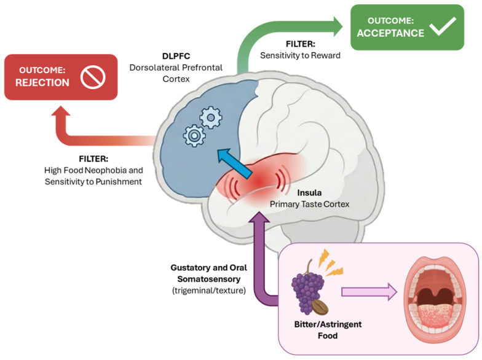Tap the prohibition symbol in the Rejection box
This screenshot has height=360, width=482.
tap(93, 77)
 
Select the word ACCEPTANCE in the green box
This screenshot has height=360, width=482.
tap(390, 33)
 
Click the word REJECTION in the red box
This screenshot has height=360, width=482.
tap(42, 82)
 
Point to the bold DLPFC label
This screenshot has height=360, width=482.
tap(176, 57)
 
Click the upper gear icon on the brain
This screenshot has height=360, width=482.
tap(210, 117)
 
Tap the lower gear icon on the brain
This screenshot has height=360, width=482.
tap(194, 135)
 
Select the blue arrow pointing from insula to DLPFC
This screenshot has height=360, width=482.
tap(235, 163)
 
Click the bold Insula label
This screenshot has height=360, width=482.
tap(309, 193)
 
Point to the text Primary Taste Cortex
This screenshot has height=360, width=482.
tap(310, 204)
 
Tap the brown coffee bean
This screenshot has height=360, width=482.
tap(320, 307)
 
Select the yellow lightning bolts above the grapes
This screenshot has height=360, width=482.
tap(330, 263)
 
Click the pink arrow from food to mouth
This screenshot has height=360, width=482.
tap(369, 292)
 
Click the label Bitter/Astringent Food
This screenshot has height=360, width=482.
tap(328, 330)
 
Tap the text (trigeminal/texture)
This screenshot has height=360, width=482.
tap(209, 290)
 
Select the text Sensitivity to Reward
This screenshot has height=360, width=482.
tap(300, 55)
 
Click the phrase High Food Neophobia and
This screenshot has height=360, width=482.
tap(93, 170)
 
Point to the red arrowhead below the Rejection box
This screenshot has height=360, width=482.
tap(61, 111)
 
